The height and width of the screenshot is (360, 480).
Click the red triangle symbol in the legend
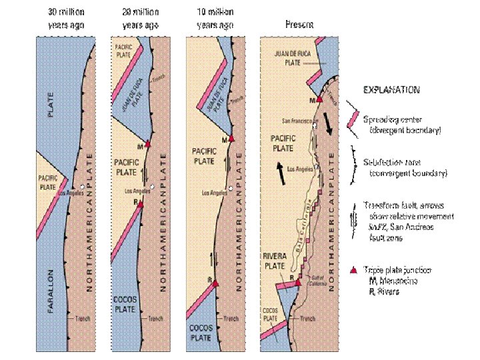pyautogui.click(x=353, y=271)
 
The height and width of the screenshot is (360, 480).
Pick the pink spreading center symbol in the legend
pyautogui.click(x=353, y=119)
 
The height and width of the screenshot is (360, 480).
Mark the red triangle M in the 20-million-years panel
pyautogui.click(x=149, y=144)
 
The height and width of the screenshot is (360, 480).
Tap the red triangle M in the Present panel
pyautogui.click(x=319, y=98)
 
